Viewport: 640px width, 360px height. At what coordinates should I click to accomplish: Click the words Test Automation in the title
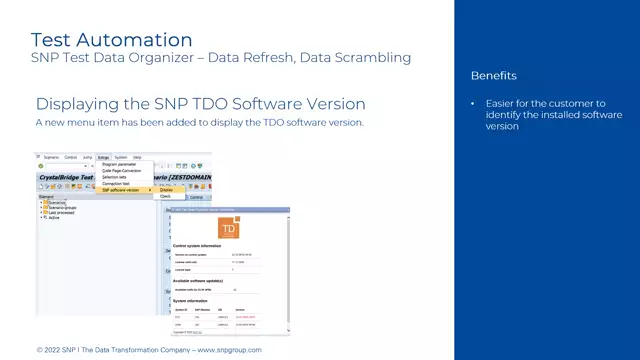pos(111,40)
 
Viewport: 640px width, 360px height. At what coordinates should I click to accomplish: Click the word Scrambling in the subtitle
pos(376,58)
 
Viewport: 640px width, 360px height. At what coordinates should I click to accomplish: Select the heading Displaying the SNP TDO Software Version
pos(200,104)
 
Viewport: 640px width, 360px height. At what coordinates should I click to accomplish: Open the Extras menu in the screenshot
pos(103,157)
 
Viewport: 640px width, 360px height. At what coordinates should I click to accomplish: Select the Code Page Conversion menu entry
pos(121,170)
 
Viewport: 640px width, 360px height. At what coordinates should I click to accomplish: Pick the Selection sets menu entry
pos(114,177)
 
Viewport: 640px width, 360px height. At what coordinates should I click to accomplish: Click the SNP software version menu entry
pos(120,190)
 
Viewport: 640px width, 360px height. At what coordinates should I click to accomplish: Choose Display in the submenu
pos(166,190)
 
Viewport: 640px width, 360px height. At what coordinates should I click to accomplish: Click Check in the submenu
pos(166,197)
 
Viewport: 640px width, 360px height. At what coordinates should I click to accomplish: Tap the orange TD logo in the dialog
pos(229,229)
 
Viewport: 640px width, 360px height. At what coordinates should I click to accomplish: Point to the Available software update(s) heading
pos(203,281)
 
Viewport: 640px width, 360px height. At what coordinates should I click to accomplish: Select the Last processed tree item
pos(58,212)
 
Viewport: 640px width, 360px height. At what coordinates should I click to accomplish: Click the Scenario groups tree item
pos(59,207)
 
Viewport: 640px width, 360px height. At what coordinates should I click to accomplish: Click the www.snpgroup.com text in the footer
pos(229,350)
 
